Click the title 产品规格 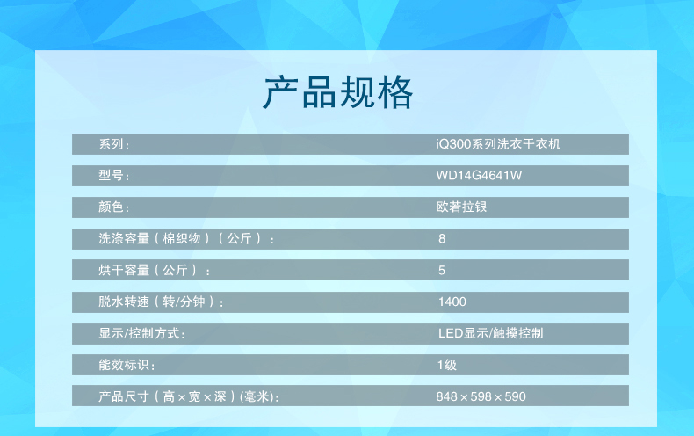point(338,92)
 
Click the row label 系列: point(113,144)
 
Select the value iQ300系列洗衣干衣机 point(498,144)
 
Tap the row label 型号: point(113,176)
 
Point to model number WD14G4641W point(479,176)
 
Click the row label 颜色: point(113,207)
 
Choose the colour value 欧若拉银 point(461,207)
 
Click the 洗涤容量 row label point(186,239)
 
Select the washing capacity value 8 point(442,239)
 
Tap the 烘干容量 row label point(154,270)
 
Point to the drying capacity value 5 point(442,270)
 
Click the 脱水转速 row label point(161,302)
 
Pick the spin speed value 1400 point(452,302)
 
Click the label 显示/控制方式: point(141,334)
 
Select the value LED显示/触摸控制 point(490,333)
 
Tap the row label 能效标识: point(127,365)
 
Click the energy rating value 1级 point(446,365)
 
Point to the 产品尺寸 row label point(189,396)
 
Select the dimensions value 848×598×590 point(481,396)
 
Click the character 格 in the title point(394,92)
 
